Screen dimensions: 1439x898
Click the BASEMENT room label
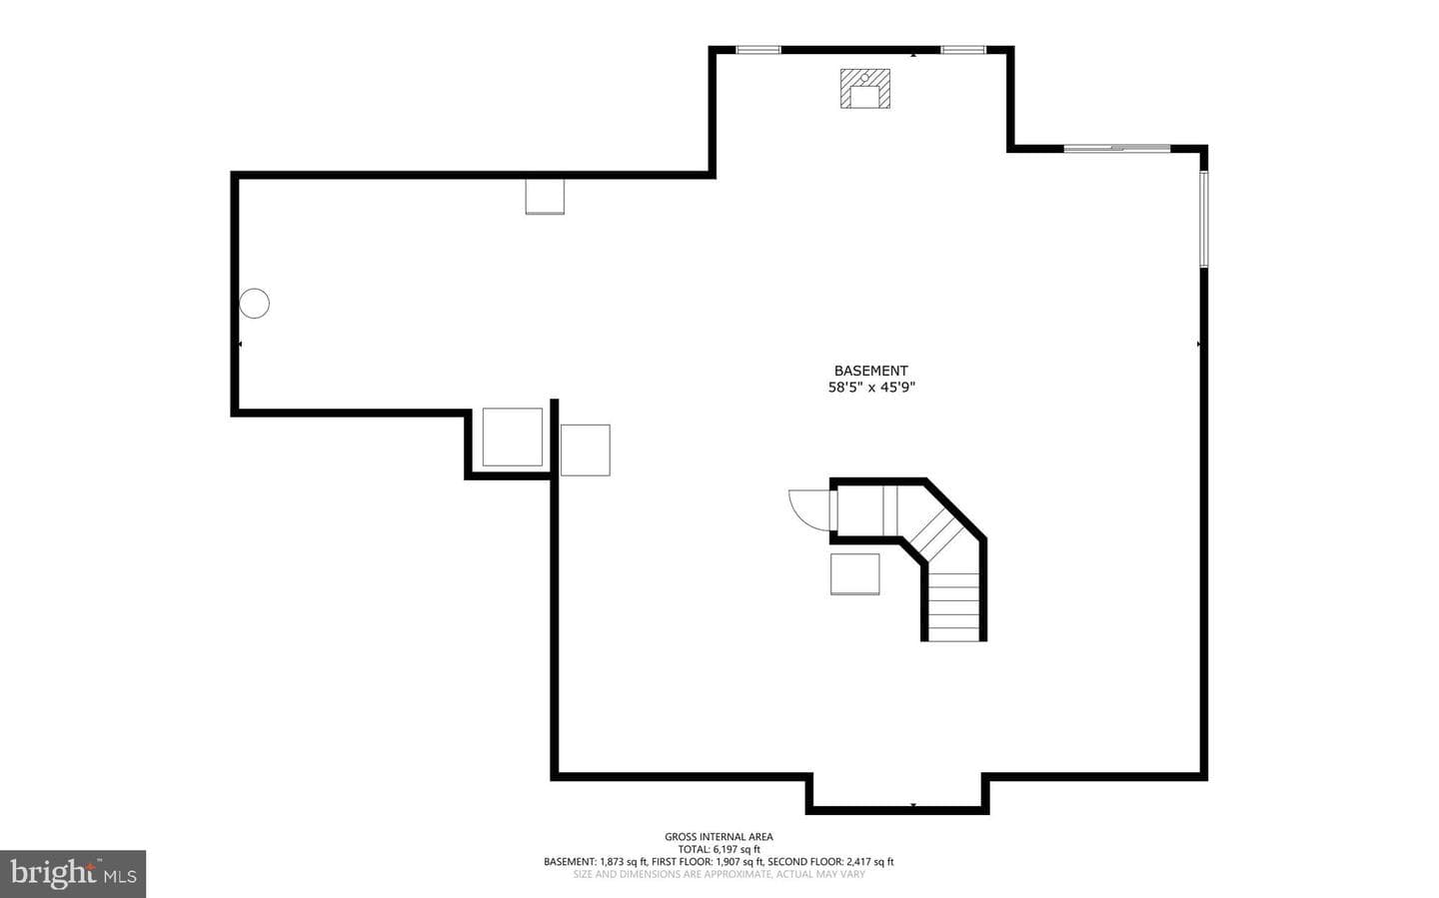coord(870,371)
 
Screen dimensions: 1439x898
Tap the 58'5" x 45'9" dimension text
coord(871,388)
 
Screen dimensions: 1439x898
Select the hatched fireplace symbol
coord(865,89)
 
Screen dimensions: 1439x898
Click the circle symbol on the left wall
coord(255,304)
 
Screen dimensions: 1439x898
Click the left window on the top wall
coord(758,50)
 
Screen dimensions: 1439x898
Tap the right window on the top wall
coord(963,50)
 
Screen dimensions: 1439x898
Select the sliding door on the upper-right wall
coord(1117,149)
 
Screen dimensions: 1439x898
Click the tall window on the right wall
coord(1204,219)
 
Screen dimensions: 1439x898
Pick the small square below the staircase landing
coord(855,574)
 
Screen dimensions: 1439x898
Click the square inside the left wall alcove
coord(513,437)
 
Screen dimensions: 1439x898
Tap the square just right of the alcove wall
coord(586,450)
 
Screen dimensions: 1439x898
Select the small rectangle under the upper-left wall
coord(545,197)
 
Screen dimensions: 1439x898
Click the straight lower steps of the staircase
coord(954,607)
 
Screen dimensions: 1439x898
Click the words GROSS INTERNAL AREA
coord(719,837)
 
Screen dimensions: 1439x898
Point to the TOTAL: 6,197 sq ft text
coord(719,849)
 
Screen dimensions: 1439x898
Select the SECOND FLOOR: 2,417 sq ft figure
coord(830,862)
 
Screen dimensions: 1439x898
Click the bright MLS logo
coord(73,874)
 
